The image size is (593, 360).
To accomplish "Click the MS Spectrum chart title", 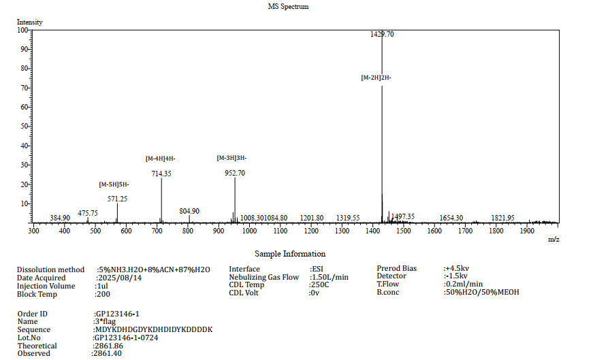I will click(288, 6).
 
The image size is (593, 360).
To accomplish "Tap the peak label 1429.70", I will click(381, 34).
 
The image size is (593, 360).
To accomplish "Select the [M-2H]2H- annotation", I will click(376, 78).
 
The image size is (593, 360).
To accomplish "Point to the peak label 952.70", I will click(235, 173).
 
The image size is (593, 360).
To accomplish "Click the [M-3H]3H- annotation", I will click(231, 158).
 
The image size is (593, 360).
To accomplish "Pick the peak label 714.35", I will click(161, 174).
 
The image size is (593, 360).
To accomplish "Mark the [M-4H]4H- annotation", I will click(161, 159).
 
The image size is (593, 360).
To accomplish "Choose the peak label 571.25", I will click(118, 199).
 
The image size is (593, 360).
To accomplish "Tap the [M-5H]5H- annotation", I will click(114, 184).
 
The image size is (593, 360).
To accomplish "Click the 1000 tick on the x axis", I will click(249, 231).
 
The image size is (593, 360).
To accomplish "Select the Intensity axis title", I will click(30, 22).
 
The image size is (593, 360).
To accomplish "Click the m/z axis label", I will click(553, 239).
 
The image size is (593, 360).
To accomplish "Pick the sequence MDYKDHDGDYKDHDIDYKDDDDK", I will click(154, 329).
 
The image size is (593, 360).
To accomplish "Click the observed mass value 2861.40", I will click(108, 354).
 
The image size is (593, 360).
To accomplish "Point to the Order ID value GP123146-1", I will click(119, 313).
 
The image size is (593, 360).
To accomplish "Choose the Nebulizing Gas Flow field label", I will click(264, 278).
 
